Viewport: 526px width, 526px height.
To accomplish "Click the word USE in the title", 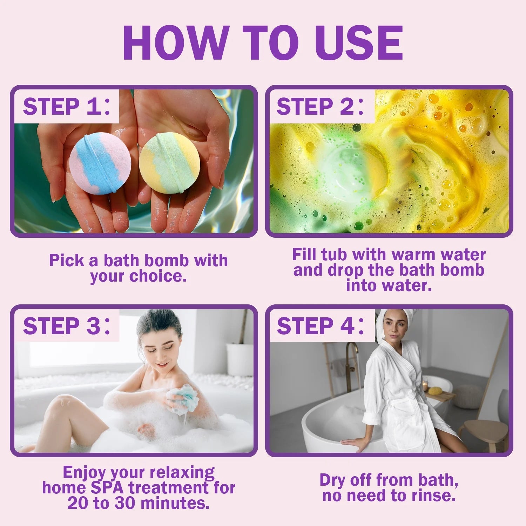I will coord(359,43).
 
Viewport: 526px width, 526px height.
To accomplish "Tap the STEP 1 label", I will coord(67,107).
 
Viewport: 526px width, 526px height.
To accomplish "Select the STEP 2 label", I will coord(320,107).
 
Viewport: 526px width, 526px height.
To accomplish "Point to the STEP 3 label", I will coord(67,326).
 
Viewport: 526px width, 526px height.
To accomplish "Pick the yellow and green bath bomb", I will coord(170,162).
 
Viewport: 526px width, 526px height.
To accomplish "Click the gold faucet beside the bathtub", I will coord(352,361).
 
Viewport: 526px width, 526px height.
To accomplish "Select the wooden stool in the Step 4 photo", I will coord(486,433).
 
